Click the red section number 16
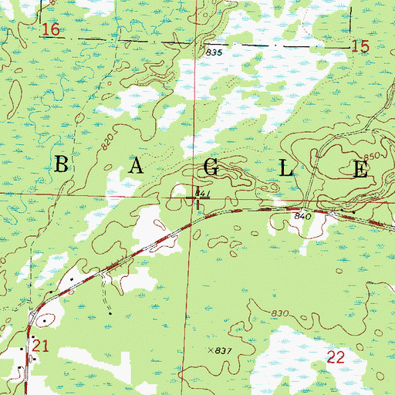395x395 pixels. (x=51, y=30)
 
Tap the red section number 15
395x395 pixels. (x=360, y=48)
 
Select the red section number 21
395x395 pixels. (x=42, y=348)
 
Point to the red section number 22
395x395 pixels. (x=336, y=356)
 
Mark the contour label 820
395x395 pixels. (x=106, y=140)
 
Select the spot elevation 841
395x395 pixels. (x=202, y=192)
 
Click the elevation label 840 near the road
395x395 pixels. (x=302, y=218)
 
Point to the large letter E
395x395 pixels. (x=360, y=170)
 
